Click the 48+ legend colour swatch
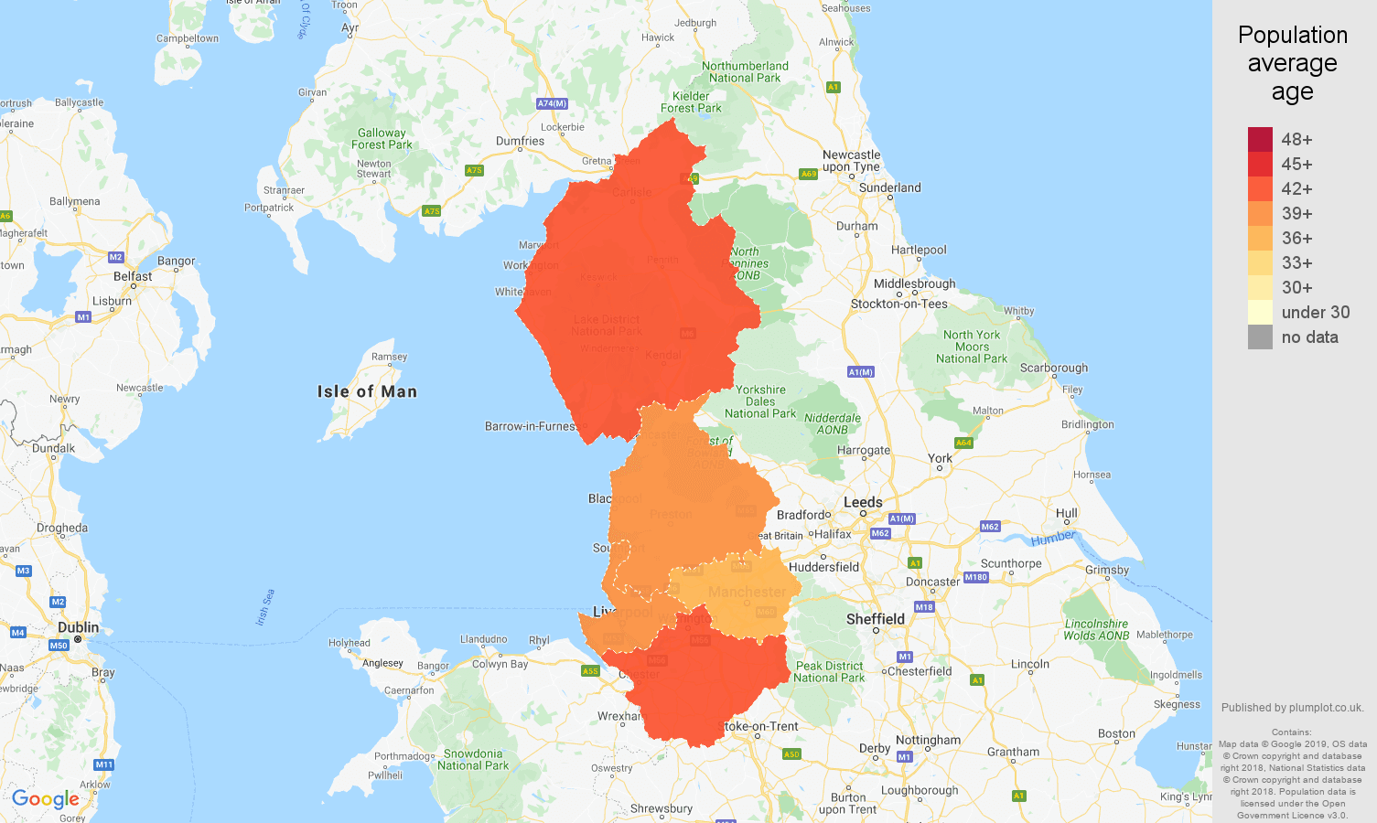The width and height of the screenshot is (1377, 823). pos(1260,139)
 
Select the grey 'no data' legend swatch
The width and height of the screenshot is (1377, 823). pos(1260,337)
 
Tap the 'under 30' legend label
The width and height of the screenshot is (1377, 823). pos(1315,312)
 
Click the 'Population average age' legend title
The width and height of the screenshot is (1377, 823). pos(1292,63)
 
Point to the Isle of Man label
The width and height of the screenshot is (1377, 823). pos(367,391)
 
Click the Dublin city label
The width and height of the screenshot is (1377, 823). pos(79,627)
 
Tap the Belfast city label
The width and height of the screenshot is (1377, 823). pos(133,276)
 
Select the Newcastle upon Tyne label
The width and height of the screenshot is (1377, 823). pos(851,161)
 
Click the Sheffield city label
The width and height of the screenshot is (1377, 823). pos(875,619)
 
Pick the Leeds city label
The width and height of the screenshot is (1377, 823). pos(863,502)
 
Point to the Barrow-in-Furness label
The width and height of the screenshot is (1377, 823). pos(530,426)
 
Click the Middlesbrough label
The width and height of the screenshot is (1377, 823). pos(914,283)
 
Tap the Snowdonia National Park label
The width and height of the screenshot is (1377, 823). pos(473,760)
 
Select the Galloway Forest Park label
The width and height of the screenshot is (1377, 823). pos(382,139)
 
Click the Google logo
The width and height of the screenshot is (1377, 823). pos(46,799)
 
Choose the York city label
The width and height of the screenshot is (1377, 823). pos(940,458)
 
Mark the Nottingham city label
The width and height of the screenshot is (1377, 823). pos(928,740)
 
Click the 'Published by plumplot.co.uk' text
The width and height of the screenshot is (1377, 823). pos(1292,707)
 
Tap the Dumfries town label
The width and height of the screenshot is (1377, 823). pos(520,141)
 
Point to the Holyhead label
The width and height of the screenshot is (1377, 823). pos(350,643)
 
